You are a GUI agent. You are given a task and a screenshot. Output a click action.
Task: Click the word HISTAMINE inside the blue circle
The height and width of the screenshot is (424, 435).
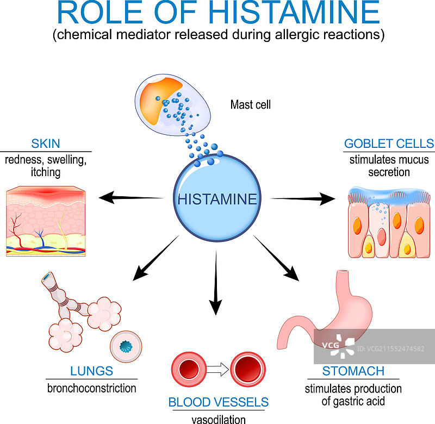[216, 199]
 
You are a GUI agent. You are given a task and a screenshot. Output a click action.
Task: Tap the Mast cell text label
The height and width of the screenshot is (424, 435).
[250, 104]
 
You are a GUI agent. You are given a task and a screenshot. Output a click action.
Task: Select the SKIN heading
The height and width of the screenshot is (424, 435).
[46, 144]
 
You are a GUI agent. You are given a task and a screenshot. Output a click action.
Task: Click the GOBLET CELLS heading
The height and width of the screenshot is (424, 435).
[389, 144]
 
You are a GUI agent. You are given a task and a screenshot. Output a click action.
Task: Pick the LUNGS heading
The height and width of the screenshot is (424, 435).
[91, 371]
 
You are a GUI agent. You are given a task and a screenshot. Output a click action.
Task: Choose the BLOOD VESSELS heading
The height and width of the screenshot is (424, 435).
[219, 402]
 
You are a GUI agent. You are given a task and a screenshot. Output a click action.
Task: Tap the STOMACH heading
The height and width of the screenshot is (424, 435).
[353, 372]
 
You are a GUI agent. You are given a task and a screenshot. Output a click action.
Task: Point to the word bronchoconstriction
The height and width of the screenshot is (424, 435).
[91, 388]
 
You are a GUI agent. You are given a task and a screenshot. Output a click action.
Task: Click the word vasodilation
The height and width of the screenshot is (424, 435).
[219, 419]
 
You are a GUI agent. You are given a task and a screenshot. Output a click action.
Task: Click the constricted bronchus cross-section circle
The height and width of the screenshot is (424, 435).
[129, 346]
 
